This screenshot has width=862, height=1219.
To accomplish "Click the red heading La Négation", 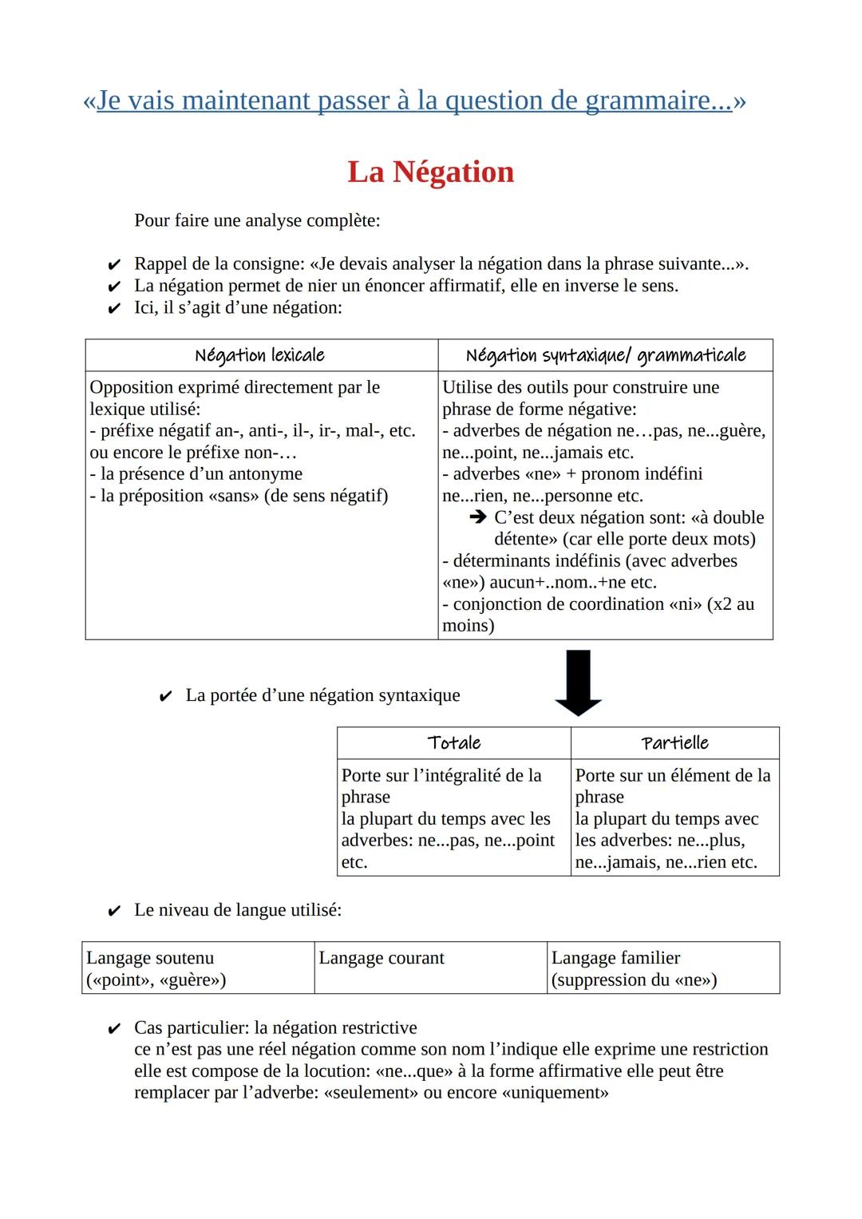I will pos(430,172).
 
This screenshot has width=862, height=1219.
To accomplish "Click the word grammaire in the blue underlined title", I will pos(658,101).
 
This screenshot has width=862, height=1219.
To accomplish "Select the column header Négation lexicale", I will pos(260,355).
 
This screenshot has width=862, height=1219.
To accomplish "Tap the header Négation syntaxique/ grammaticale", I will pos(605,355).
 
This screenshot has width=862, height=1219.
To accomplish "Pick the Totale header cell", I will pos(453,743).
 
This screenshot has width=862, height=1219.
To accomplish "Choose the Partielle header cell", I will pos(674,743).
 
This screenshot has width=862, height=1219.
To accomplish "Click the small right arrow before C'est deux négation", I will pos(478,517).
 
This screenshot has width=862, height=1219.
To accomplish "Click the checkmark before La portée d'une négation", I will pos(166,696).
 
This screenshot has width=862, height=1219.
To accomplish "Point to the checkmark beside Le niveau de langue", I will pos(114,911).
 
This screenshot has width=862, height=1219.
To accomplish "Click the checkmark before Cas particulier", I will pos(114,1028).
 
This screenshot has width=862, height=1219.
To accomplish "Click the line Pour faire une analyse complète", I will pos(257,220).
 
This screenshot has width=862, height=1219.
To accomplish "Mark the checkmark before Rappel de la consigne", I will pos(114,264).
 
